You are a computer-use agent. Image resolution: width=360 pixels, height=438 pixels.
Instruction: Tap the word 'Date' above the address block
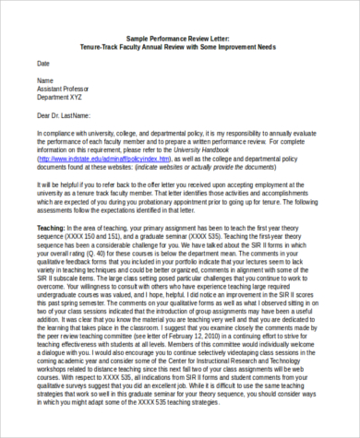[43, 63]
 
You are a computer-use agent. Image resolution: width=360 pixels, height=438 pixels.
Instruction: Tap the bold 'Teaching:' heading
[52, 226]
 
